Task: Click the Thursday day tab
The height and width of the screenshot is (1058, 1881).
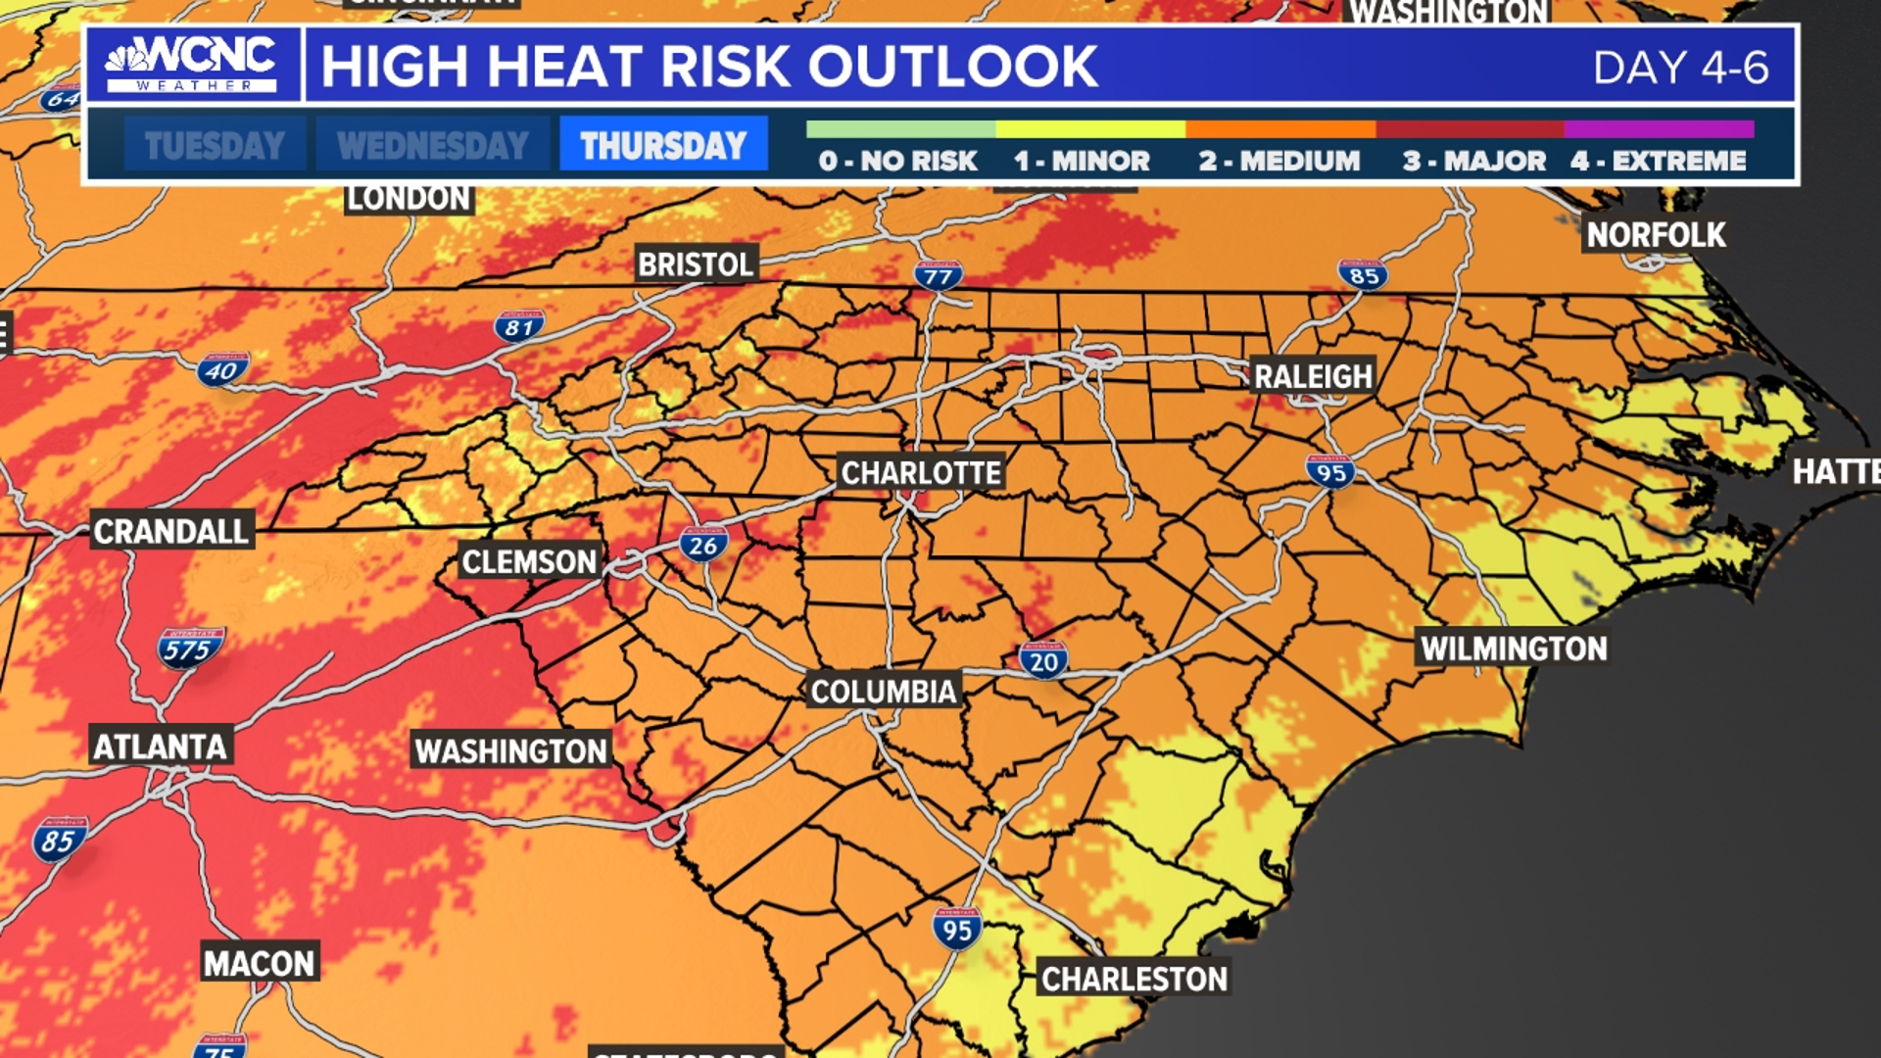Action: tap(663, 145)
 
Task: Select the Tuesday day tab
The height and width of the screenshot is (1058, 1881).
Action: tap(215, 145)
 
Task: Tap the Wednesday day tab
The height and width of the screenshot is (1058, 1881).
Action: tap(432, 145)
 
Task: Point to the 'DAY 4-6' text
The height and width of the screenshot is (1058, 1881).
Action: tap(1680, 68)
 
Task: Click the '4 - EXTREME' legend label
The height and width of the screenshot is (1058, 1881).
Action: tap(1658, 161)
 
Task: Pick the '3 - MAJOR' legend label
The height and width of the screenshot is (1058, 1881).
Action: tap(1473, 161)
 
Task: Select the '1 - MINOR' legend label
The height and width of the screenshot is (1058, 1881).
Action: tap(1082, 161)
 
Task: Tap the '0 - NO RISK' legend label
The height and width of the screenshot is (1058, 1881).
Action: tap(897, 161)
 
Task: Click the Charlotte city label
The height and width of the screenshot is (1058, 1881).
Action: tap(921, 473)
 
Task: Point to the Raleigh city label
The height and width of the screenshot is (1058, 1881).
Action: tap(1313, 376)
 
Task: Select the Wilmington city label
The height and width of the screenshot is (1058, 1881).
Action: tap(1514, 649)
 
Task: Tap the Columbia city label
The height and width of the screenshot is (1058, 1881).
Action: tap(883, 692)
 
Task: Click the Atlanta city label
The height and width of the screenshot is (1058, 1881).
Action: tap(161, 747)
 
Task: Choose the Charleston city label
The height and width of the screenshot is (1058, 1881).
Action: tap(1133, 979)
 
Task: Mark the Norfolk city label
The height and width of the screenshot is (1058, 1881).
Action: tap(1656, 235)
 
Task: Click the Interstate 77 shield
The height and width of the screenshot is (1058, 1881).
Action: tap(938, 276)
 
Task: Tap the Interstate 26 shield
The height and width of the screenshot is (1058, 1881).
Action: tap(703, 545)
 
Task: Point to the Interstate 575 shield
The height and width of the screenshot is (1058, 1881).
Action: tap(189, 649)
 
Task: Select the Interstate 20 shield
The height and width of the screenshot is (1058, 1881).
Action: tap(1043, 661)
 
